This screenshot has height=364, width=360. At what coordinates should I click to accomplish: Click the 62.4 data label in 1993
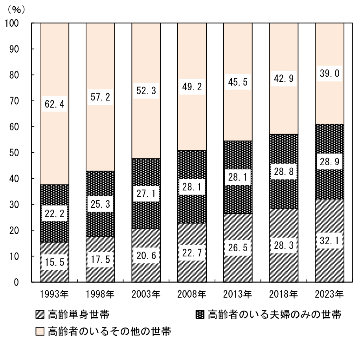click(54, 104)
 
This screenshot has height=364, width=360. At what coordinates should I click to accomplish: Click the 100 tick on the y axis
click(12, 23)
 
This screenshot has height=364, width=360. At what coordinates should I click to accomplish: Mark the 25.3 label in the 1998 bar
click(100, 203)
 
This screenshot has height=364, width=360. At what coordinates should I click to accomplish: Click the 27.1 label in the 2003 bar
click(146, 194)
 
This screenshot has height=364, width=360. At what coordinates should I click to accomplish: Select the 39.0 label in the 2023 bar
click(329, 74)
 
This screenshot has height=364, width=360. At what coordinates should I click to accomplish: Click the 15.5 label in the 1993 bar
click(54, 261)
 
